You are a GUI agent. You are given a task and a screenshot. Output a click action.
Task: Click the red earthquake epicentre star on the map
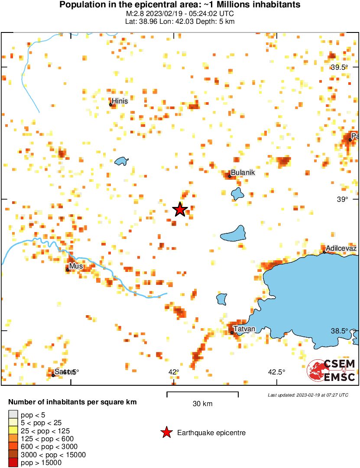(180, 210)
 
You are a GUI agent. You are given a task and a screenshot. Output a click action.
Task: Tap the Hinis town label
(120, 100)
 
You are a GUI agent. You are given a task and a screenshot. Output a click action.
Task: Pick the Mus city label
(76, 266)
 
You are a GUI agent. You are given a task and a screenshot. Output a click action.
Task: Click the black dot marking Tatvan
(232, 332)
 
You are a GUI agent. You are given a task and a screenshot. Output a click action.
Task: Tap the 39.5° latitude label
(340, 67)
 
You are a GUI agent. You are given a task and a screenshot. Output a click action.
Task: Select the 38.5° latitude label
(340, 331)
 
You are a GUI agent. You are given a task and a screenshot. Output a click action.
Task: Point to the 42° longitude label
(174, 372)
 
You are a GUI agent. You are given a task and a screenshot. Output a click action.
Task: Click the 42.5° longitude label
(276, 372)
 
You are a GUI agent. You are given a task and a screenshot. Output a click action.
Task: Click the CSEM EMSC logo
(332, 370)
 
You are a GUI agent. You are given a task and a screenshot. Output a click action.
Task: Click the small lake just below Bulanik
(237, 193)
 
